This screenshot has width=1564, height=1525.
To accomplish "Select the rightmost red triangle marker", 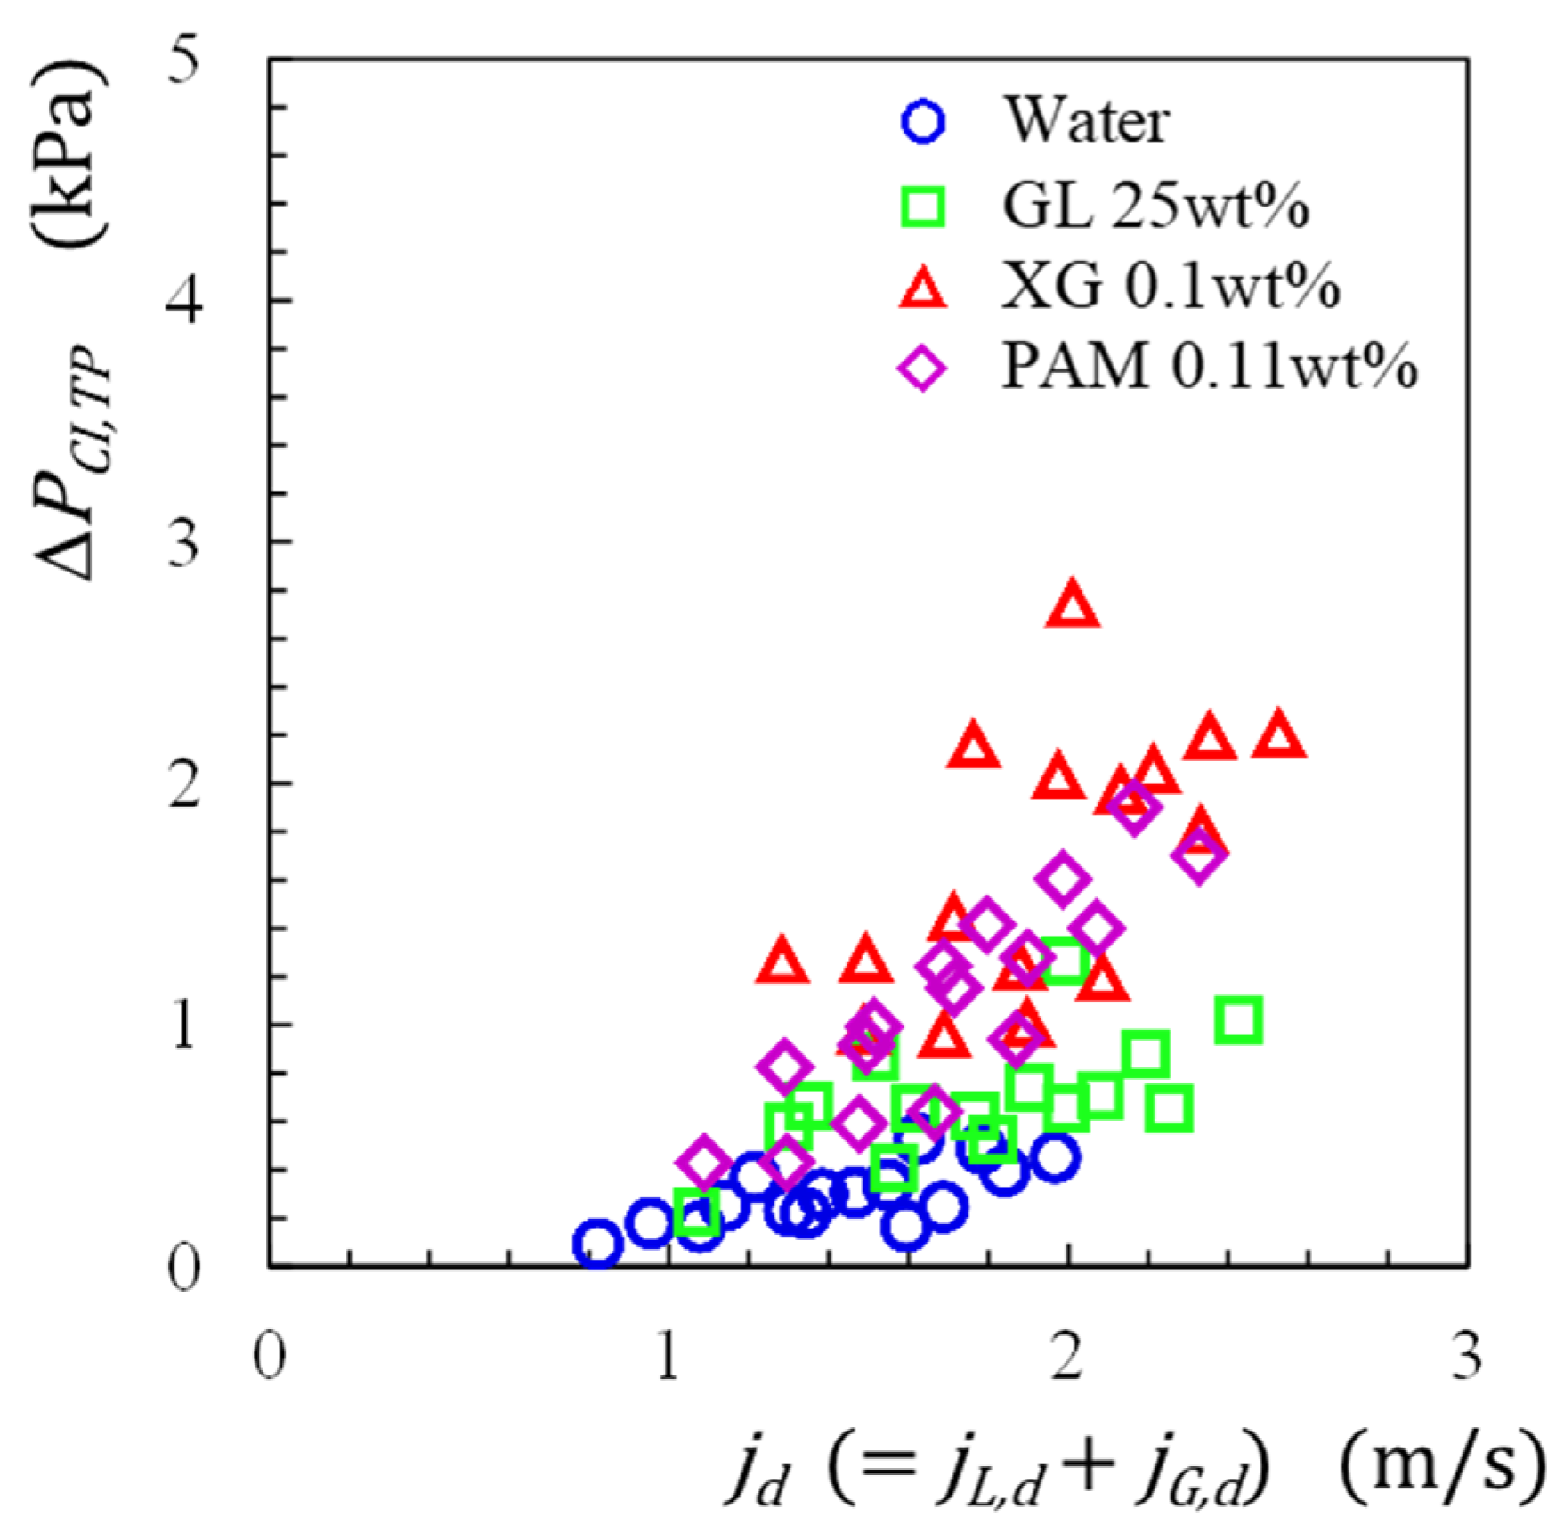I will click(1278, 736).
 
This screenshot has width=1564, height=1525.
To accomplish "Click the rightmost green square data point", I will click(1239, 1019).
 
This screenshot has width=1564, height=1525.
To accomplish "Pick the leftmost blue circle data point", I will click(597, 1243).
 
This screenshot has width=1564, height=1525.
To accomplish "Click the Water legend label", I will click(1086, 121).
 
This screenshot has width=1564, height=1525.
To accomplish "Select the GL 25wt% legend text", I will click(1155, 207).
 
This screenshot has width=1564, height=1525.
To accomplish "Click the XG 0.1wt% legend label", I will click(1171, 287).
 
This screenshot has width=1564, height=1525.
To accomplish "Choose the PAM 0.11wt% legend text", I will click(1209, 366).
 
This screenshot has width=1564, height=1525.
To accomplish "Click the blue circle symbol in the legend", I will click(923, 121).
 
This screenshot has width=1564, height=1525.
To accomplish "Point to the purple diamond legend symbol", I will click(923, 368).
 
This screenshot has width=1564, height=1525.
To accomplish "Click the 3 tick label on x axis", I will click(1466, 1357).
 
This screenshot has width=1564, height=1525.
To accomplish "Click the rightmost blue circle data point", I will click(1056, 1157).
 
